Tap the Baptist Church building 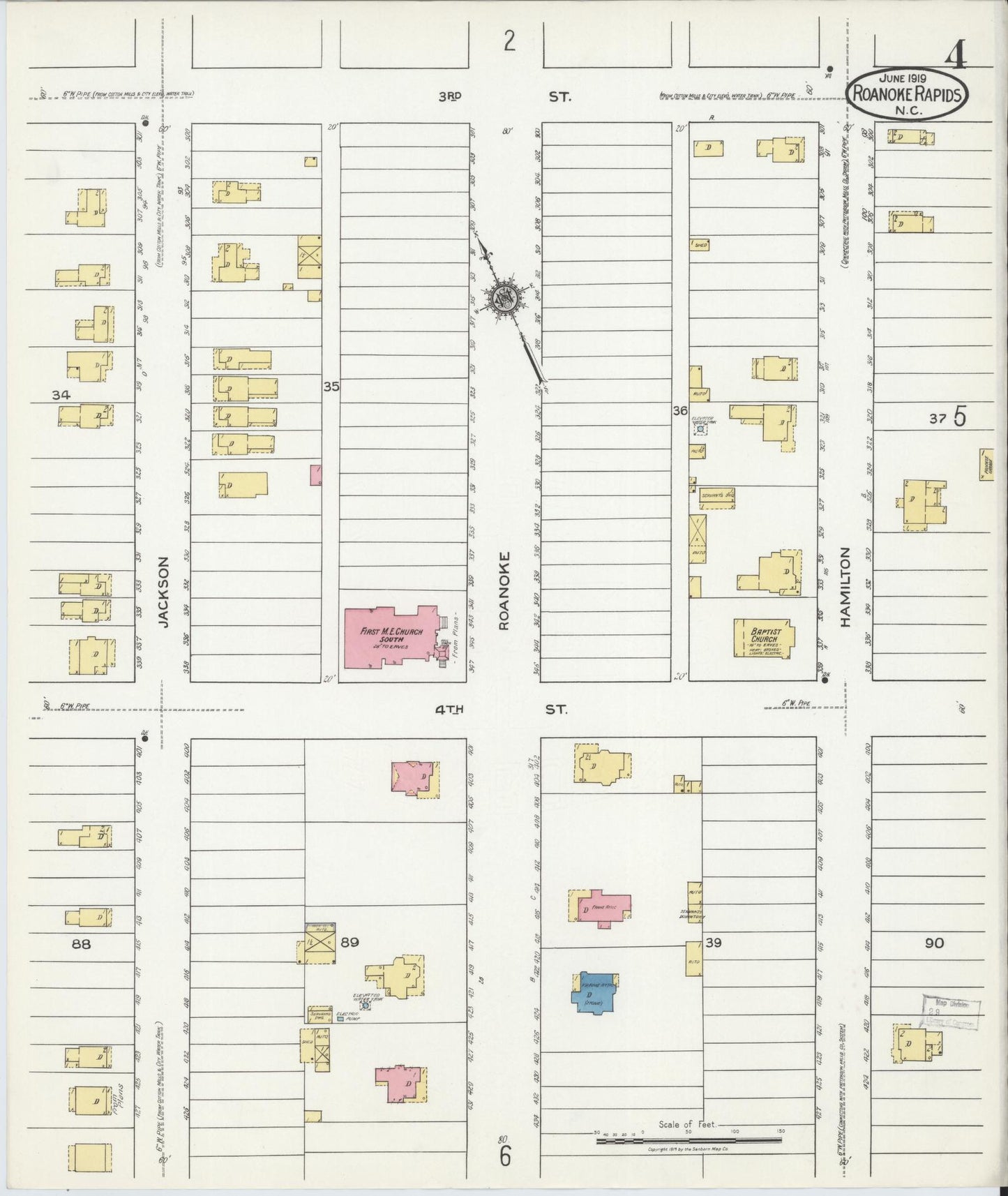765,638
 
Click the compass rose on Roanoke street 504,299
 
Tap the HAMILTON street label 845,588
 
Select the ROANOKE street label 504,590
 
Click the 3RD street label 451,97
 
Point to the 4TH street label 449,710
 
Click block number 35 331,385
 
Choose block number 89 349,942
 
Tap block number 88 82,944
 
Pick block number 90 934,943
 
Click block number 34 61,395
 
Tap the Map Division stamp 951,1012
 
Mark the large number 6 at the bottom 505,1156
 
